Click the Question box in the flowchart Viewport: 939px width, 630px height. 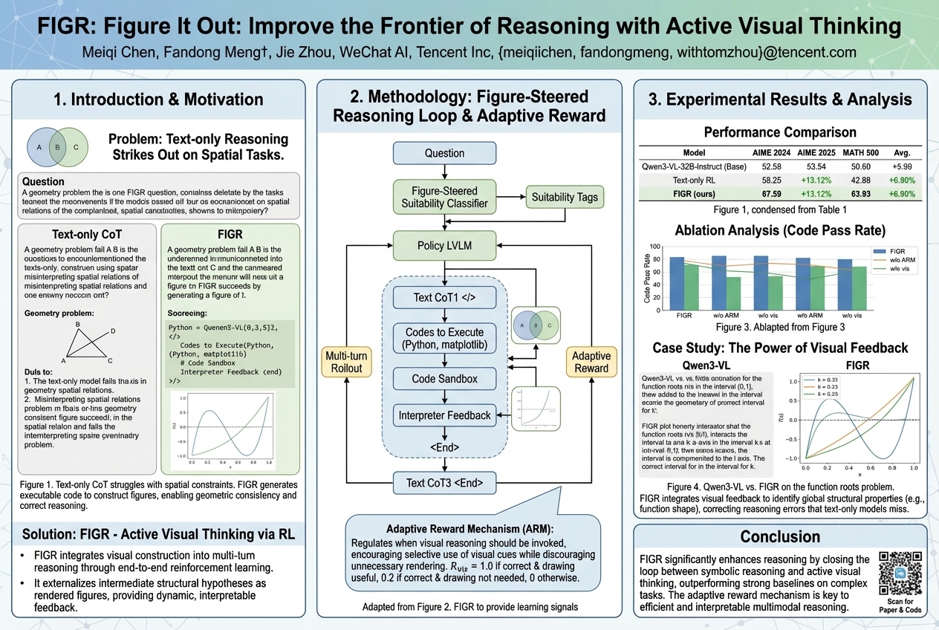(444, 154)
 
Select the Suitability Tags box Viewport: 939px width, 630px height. (565, 197)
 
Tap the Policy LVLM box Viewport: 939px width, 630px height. (444, 245)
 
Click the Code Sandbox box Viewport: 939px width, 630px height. (444, 379)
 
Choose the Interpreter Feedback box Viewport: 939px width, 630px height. (444, 415)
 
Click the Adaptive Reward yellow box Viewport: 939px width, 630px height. (591, 363)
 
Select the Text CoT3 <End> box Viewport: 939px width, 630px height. (444, 484)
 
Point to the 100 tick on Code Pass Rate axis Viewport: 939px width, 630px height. (654, 247)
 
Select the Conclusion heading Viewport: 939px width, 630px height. (779, 536)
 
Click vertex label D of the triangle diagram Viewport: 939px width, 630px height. (112, 331)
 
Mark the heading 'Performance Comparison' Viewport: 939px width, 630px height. (779, 132)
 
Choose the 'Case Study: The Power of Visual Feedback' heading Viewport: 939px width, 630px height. (779, 348)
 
